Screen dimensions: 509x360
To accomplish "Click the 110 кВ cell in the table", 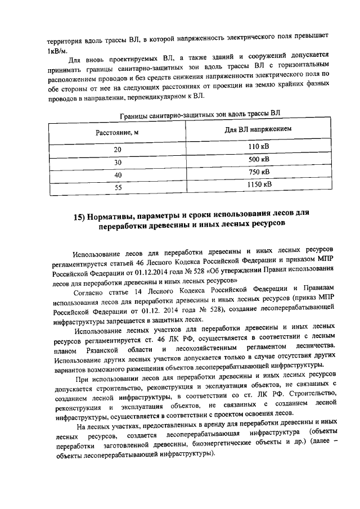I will [x=259, y=147].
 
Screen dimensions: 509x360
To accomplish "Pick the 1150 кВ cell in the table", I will [x=259, y=184].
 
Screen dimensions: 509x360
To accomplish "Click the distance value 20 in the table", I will [x=118, y=150].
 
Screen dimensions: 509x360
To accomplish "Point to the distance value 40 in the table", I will [x=118, y=175].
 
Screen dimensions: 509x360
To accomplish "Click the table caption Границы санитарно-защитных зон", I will [x=200, y=114].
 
